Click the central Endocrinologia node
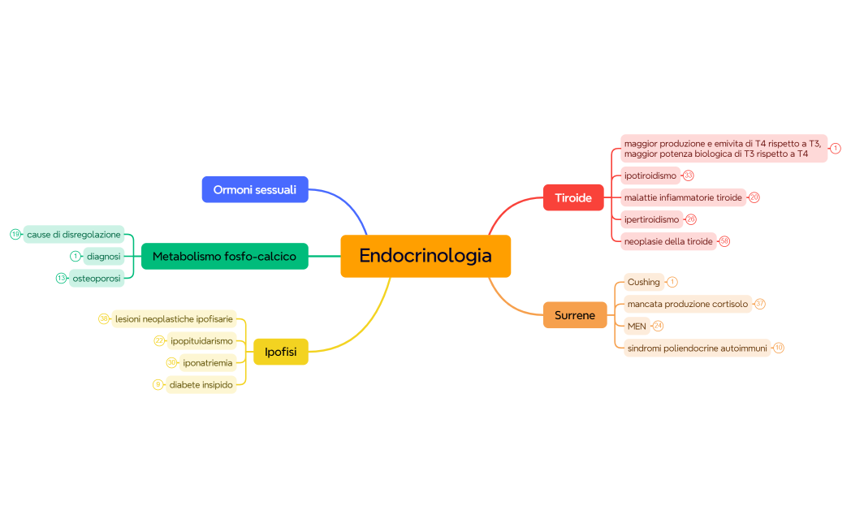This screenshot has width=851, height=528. tap(425, 256)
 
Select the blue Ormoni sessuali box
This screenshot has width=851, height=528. tap(255, 189)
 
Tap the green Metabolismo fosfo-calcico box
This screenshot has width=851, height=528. tap(224, 256)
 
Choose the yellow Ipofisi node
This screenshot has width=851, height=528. tap(280, 352)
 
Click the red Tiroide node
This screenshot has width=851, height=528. tap(572, 197)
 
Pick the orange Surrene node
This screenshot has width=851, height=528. tap(574, 315)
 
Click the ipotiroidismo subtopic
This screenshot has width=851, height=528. tap(650, 175)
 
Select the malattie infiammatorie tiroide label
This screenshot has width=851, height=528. tap(682, 197)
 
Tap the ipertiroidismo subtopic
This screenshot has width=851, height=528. tap(651, 219)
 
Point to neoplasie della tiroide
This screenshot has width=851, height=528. tap(667, 241)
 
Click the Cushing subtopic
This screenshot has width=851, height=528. tap(643, 282)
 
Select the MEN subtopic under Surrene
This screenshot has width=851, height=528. tap(636, 326)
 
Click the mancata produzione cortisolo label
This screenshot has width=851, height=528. tap(687, 304)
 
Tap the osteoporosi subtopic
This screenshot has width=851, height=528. tap(97, 278)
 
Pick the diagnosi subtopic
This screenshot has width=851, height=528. tap(104, 256)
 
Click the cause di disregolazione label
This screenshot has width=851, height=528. tap(74, 235)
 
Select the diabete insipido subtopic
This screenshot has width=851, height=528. tap(201, 384)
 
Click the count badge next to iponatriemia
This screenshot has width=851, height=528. tap(171, 362)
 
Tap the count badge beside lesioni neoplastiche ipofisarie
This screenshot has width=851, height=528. tap(104, 319)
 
